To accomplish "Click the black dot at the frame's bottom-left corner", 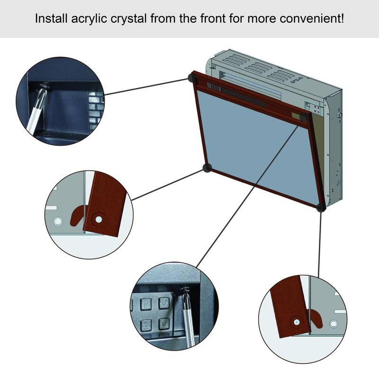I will coord(207,167).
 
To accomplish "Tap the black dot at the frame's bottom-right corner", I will coord(321,207).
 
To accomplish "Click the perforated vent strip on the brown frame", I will coord(237,95).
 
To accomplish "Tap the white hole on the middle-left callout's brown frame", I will coord(98,219).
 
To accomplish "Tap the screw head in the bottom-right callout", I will coord(296,322).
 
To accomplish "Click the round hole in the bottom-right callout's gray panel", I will coord(334,324).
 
